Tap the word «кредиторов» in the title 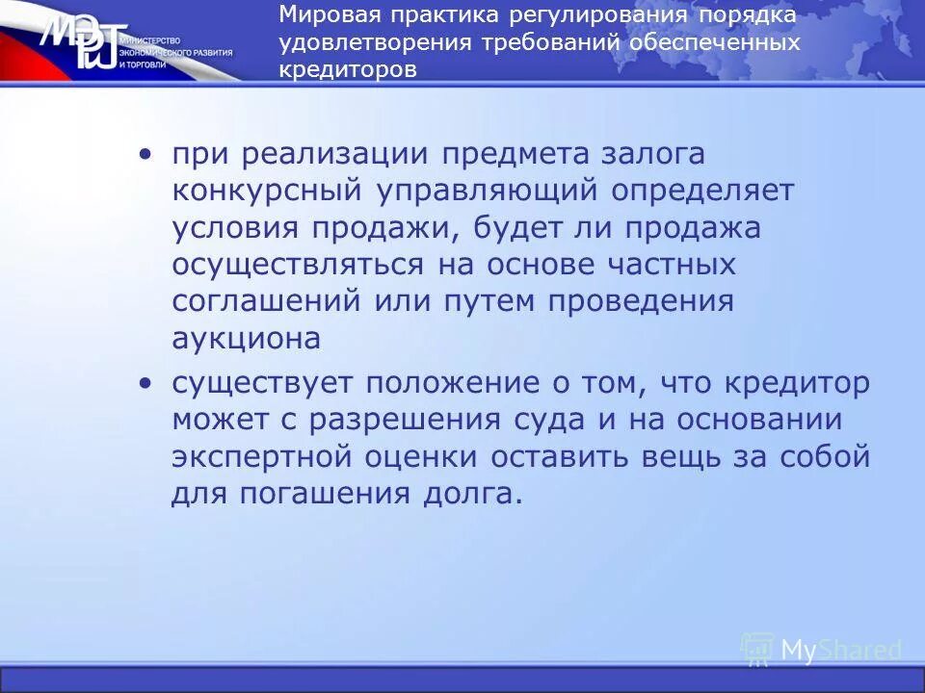[x=349, y=71]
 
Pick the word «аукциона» [x=246, y=338]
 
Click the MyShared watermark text [x=839, y=651]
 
